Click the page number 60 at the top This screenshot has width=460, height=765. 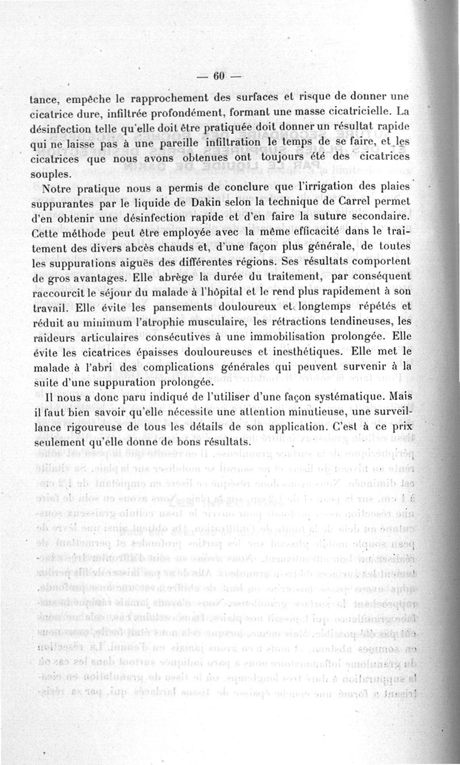(218, 76)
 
